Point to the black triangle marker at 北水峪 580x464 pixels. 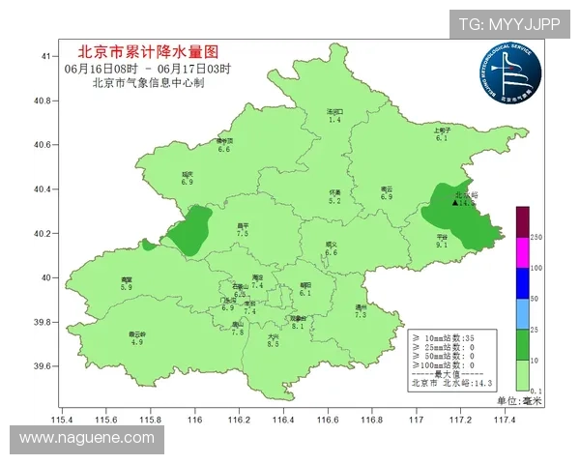pos(455,203)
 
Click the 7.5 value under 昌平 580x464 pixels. pos(243,234)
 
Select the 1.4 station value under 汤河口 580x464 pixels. pos(334,119)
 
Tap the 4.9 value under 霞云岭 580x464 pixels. pos(136,342)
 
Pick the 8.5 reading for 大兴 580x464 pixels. pos(273,344)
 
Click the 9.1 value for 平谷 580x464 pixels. pos(442,246)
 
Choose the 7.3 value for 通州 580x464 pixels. pos(361,315)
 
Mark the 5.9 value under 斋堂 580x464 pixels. pos(126,287)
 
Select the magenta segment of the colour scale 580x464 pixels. pos(522,252)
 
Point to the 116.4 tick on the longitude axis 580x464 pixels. pos(283,420)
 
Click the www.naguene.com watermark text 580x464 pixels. pos(87,439)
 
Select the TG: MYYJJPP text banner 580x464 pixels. pos(509,23)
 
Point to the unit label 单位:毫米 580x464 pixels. pos(520,399)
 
